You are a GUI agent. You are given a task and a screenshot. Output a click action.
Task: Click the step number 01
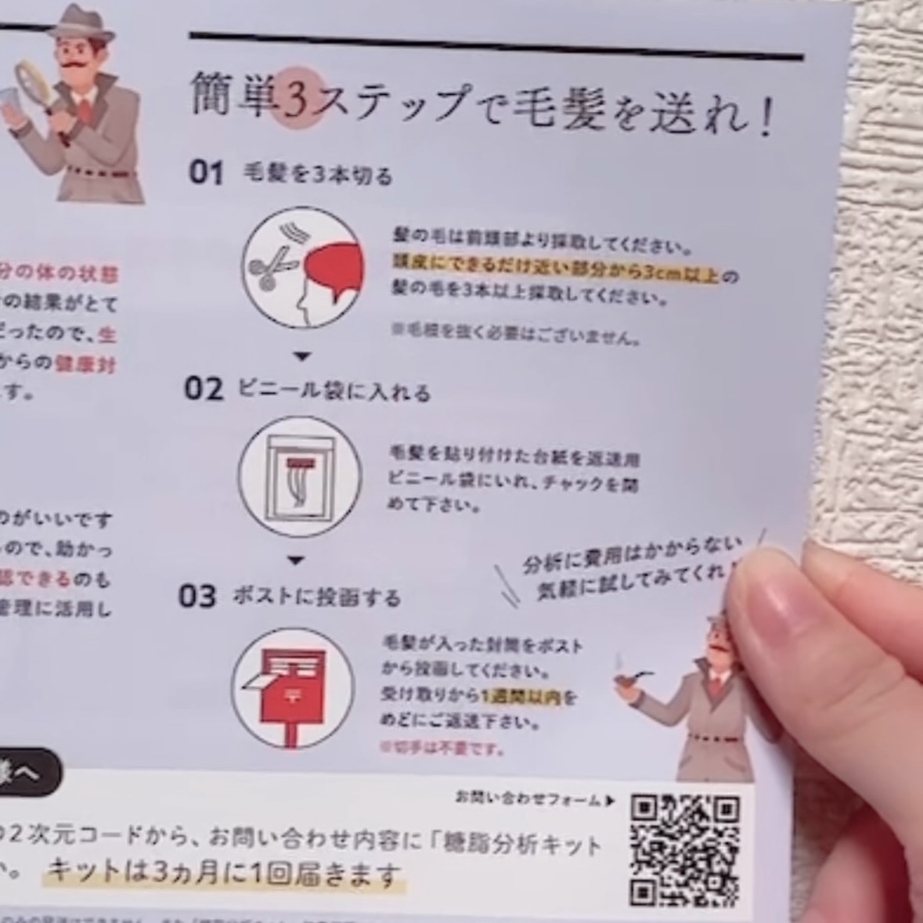click(x=206, y=172)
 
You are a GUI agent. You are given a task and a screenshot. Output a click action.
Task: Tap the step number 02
click(x=204, y=388)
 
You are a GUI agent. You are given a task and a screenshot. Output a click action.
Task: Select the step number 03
click(x=197, y=597)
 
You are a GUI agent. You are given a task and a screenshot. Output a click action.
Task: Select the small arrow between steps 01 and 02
click(x=302, y=357)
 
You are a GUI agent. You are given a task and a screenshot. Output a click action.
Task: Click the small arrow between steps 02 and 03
click(x=295, y=561)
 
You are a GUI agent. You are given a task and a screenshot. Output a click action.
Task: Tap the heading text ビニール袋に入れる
click(x=334, y=390)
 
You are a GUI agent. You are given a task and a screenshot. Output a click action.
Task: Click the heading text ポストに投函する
click(x=316, y=598)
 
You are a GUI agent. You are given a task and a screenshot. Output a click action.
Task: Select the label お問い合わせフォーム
click(x=529, y=799)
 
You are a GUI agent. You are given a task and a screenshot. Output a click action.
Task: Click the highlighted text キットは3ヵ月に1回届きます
click(x=224, y=871)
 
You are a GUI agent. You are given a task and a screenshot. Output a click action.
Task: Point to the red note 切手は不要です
click(x=440, y=748)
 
